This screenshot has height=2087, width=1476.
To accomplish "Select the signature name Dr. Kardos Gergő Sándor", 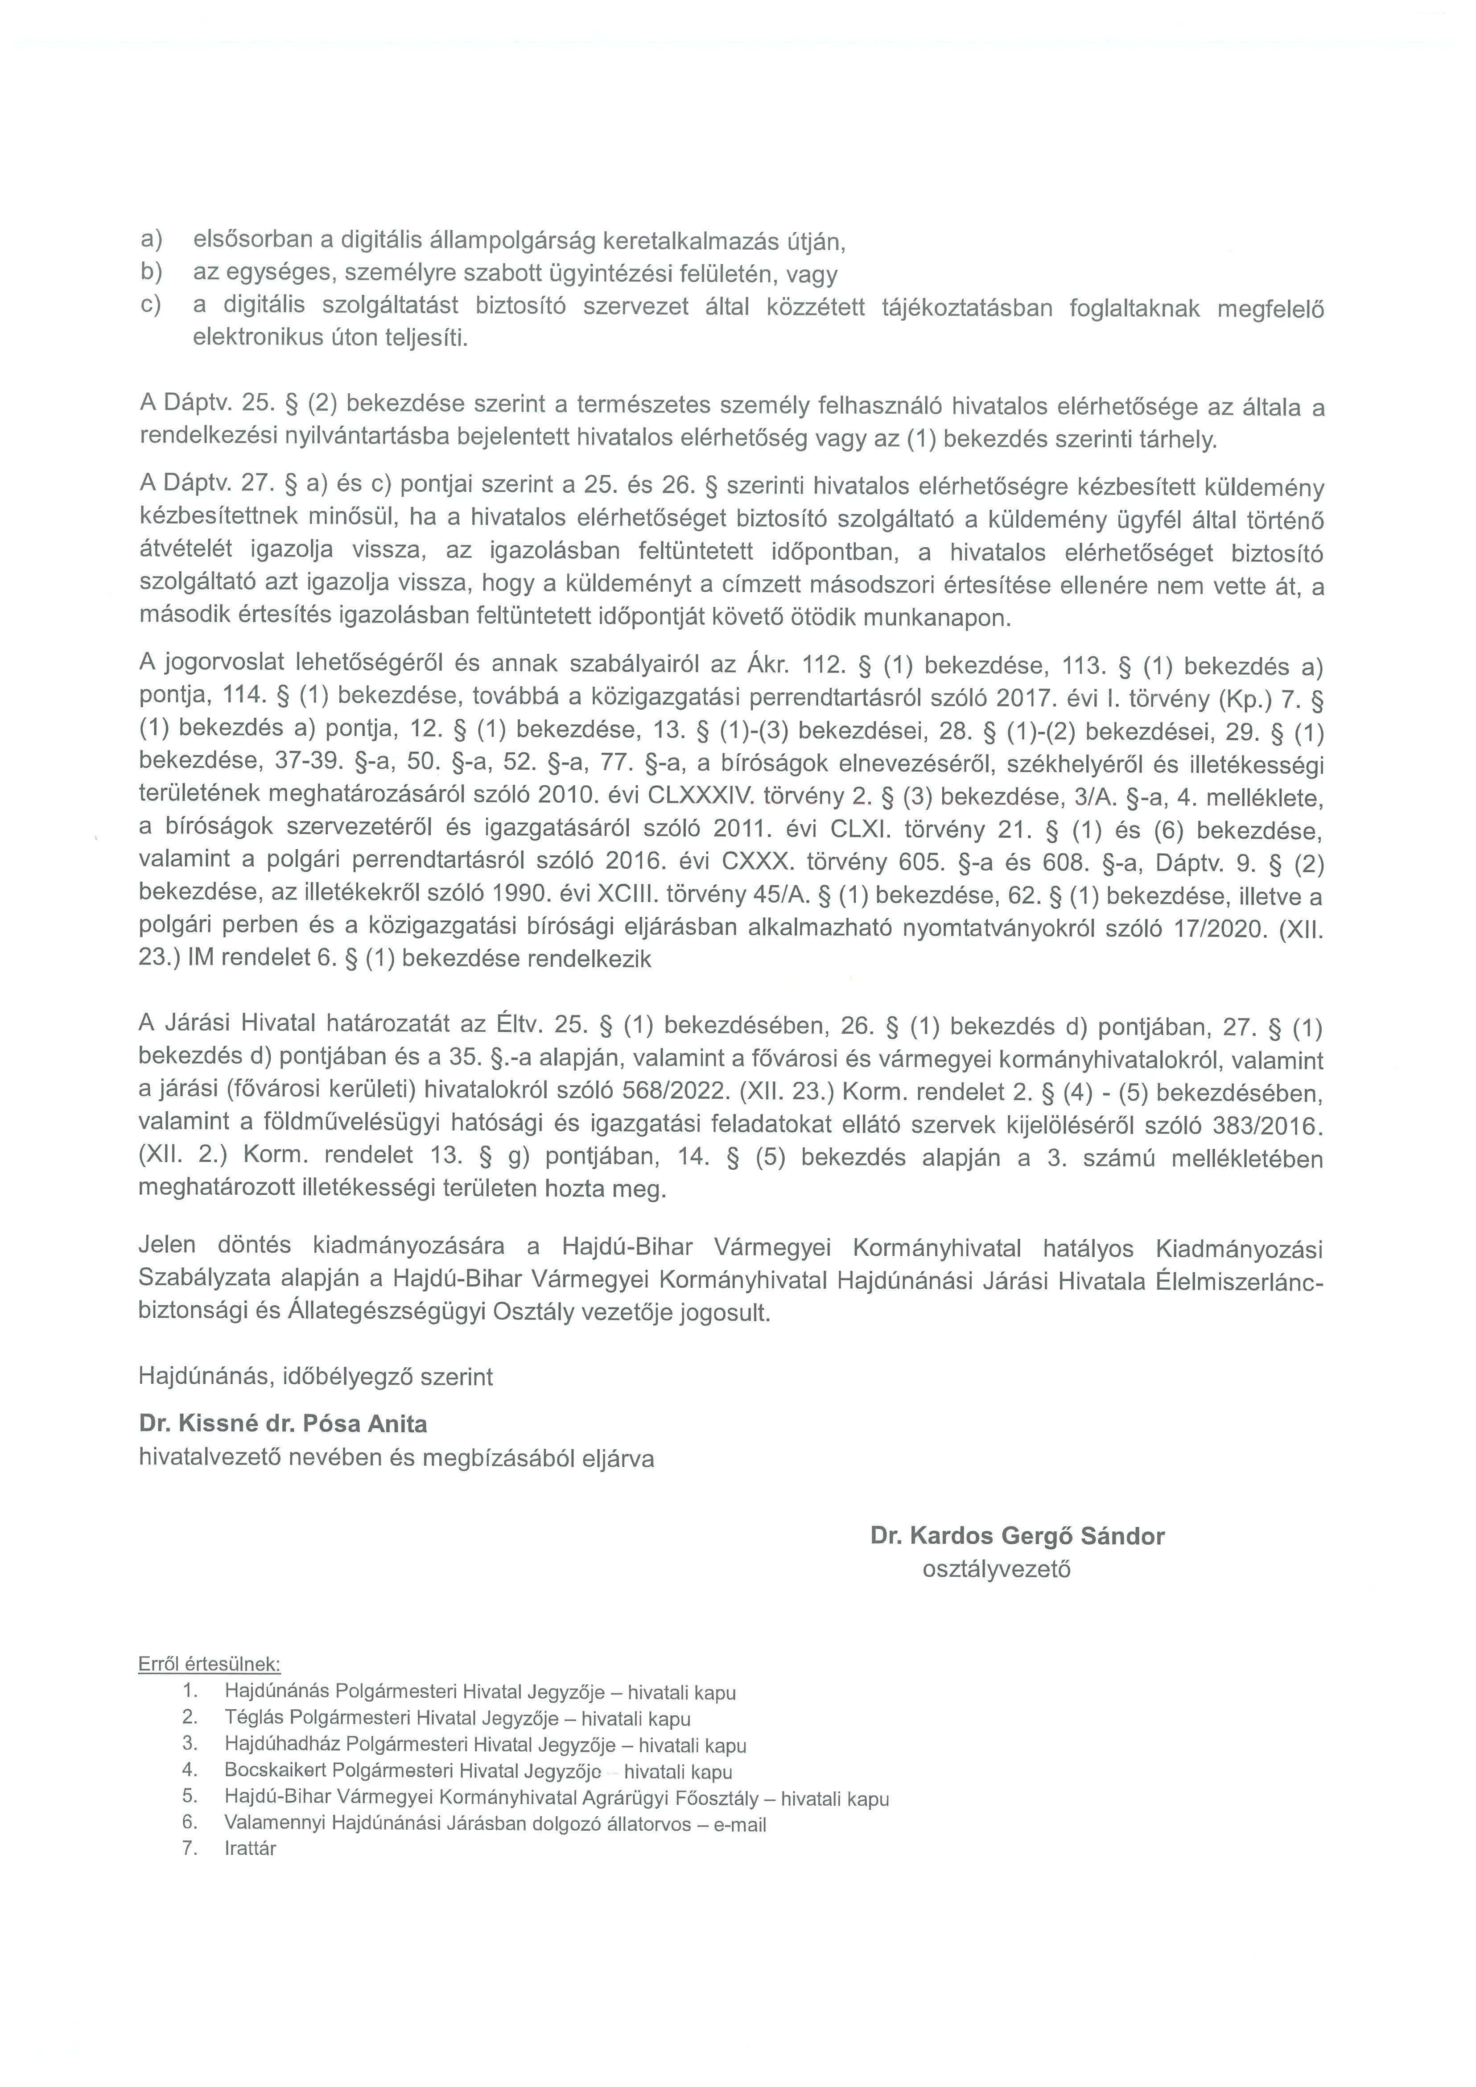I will [1017, 1536].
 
